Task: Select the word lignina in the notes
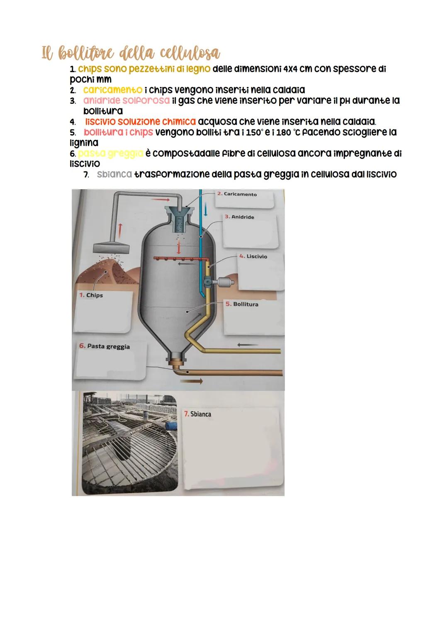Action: pyautogui.click(x=84, y=143)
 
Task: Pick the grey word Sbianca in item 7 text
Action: pyautogui.click(x=114, y=174)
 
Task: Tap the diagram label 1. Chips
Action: pyautogui.click(x=91, y=295)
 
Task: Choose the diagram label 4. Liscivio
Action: pyautogui.click(x=253, y=256)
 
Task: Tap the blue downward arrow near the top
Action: pyautogui.click(x=205, y=211)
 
